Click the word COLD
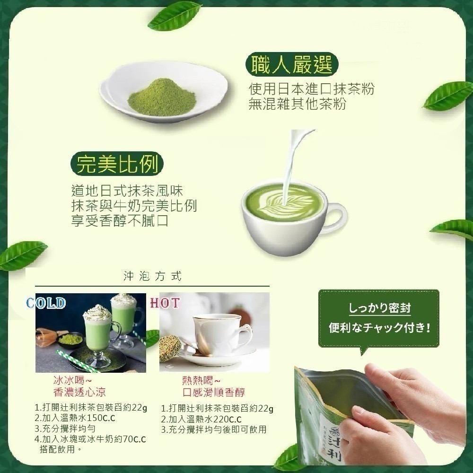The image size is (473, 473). [46, 303]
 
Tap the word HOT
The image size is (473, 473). [165, 303]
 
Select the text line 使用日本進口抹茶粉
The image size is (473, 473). [311, 89]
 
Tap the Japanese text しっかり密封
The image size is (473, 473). [379, 308]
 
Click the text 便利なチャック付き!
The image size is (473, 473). [379, 327]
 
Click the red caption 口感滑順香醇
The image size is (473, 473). [207, 393]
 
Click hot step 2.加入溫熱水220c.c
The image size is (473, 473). [201, 419]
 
